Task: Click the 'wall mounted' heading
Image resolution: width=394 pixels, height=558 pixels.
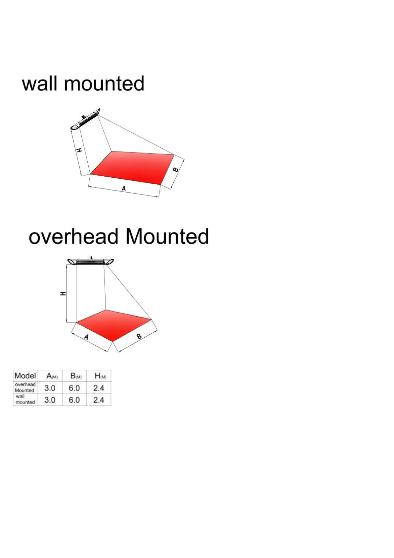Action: click(x=83, y=84)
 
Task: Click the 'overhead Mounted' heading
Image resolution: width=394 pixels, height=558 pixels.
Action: click(x=119, y=237)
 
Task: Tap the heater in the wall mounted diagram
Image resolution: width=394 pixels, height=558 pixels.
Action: click(x=86, y=119)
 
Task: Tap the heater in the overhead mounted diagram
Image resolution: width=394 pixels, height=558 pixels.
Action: click(x=91, y=261)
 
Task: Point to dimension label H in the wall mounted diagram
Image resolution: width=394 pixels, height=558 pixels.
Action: click(x=79, y=150)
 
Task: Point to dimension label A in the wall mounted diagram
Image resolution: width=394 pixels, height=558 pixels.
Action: click(x=124, y=189)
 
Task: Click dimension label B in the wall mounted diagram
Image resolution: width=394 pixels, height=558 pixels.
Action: click(x=176, y=170)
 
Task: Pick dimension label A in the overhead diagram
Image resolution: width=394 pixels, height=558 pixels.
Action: click(x=86, y=337)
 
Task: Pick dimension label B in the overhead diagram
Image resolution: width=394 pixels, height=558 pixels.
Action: click(x=139, y=337)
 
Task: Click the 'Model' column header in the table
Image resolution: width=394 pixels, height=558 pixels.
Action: click(x=25, y=376)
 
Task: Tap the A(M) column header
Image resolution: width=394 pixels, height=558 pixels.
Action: click(x=52, y=376)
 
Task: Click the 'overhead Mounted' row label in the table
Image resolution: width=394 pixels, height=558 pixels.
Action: click(x=25, y=388)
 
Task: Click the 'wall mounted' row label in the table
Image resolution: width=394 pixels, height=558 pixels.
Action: click(x=25, y=399)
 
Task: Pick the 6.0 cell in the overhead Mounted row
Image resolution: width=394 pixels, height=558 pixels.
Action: click(x=74, y=388)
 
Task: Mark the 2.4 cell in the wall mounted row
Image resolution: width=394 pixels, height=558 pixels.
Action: click(x=99, y=400)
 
